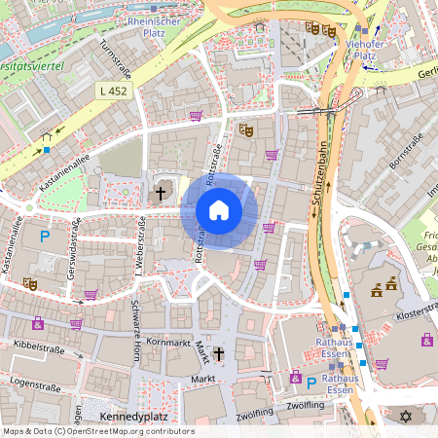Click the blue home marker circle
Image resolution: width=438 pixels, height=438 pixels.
(219, 209)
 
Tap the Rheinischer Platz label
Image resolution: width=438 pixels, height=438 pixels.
(155, 26)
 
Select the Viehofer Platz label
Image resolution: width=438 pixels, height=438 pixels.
(364, 50)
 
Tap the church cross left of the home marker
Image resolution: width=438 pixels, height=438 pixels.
(163, 193)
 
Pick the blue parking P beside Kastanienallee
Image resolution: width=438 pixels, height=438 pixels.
(44, 236)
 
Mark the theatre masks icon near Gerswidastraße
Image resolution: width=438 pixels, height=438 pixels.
(30, 283)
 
